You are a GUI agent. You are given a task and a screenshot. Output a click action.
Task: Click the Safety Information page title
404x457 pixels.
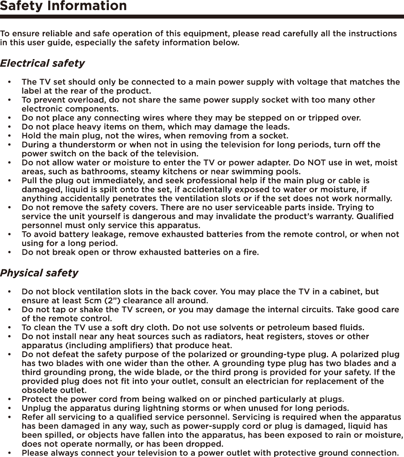pyautogui.click(x=63, y=6)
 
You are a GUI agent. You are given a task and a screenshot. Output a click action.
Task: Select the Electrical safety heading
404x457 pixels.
pyautogui.click(x=42, y=63)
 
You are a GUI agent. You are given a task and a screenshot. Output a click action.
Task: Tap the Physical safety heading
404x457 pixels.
pyautogui.click(x=39, y=273)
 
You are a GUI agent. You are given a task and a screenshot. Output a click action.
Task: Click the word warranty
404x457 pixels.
pyautogui.click(x=335, y=217)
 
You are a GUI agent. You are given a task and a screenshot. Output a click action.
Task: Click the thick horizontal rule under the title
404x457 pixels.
pyautogui.click(x=202, y=17)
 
